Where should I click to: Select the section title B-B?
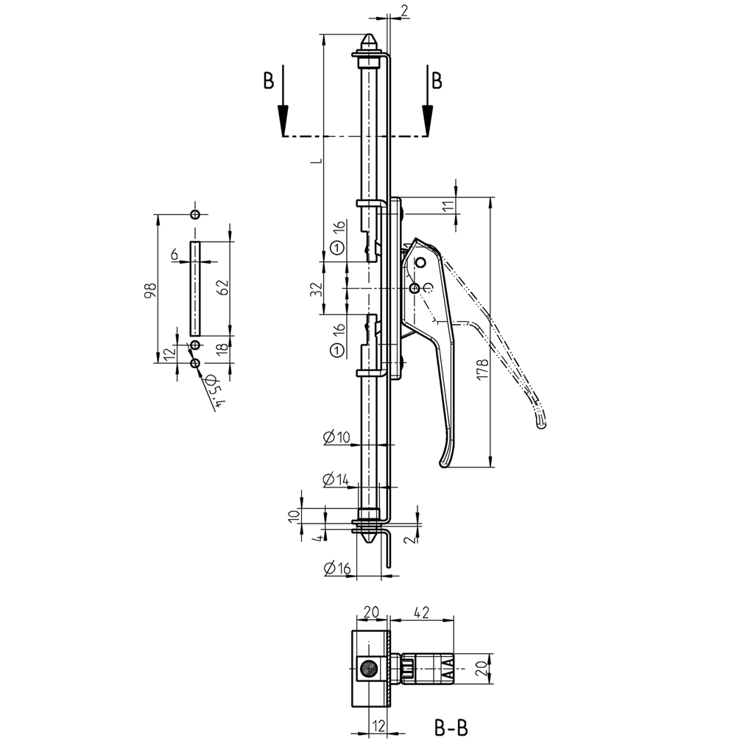pos(451,729)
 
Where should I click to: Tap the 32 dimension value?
pos(316,289)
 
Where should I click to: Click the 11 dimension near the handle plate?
pos(448,207)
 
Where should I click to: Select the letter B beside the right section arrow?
pos(437,81)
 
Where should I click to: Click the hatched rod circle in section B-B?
pos(367,669)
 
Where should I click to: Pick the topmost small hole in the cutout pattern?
pos(194,215)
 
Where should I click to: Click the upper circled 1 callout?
pos(337,248)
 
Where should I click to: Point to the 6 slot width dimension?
pos(175,254)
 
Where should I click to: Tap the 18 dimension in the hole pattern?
pos(222,349)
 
